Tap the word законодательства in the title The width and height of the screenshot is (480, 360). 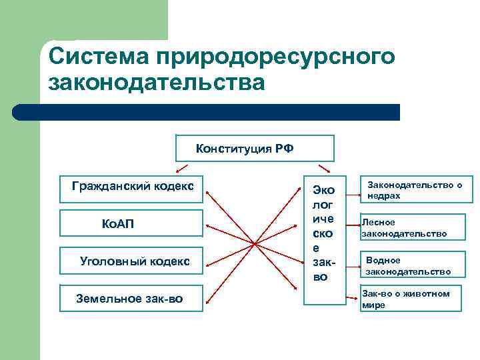point(157,84)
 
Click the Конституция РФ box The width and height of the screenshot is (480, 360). point(254,149)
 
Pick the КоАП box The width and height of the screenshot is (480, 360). point(131,223)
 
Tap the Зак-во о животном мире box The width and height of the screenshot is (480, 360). point(411,299)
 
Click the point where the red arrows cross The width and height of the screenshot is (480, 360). point(254,243)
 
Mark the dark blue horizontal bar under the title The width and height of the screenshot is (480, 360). point(207,112)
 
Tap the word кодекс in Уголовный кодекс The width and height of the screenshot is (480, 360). point(169,261)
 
